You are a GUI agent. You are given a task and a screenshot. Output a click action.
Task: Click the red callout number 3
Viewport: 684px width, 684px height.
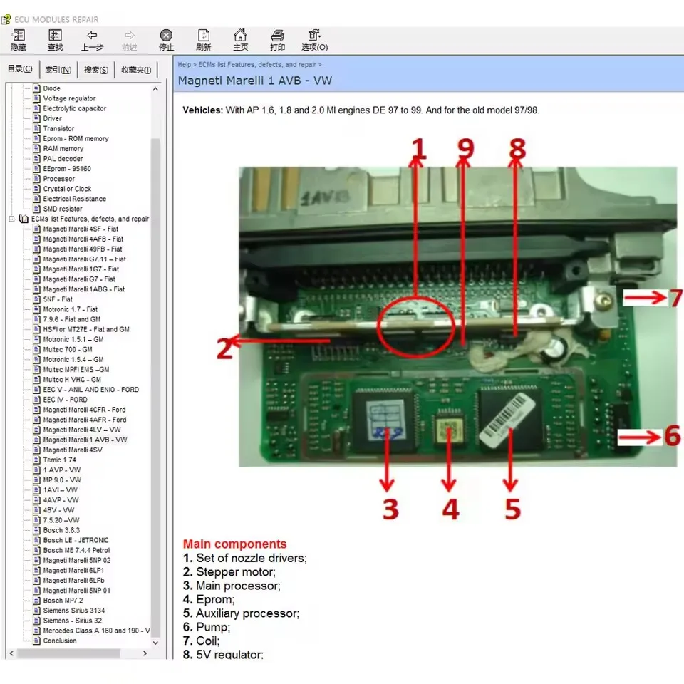[x=389, y=509]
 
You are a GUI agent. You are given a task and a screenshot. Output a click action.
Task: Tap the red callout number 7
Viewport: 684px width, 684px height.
[x=675, y=298]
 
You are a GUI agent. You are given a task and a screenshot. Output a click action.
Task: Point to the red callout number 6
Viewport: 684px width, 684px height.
[x=672, y=435]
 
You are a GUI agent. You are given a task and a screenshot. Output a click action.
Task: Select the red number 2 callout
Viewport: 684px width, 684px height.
[x=224, y=349]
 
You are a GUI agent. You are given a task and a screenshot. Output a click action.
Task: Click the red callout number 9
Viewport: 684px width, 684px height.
[x=465, y=148]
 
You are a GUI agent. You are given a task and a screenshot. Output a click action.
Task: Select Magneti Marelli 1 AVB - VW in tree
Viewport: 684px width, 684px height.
[x=85, y=440]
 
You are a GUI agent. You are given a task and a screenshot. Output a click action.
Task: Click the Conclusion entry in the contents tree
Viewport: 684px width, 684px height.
[x=60, y=641]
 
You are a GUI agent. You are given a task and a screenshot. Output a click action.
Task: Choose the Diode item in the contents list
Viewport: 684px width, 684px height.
[x=52, y=88]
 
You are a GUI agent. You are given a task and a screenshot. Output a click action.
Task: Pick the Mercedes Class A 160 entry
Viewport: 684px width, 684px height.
[x=96, y=631]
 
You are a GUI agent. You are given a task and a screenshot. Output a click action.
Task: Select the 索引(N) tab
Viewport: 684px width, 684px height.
[x=58, y=70]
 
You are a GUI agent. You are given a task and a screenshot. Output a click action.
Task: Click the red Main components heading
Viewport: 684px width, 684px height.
[x=234, y=544]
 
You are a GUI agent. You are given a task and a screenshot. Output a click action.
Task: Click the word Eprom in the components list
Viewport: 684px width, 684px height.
[x=214, y=599]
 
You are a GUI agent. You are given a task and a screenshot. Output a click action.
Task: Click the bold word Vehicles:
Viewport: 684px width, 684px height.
[x=202, y=110]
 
